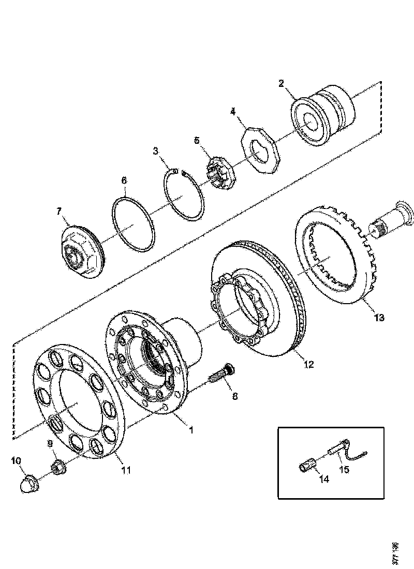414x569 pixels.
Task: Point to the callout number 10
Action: (x=16, y=460)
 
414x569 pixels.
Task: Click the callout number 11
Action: (x=126, y=470)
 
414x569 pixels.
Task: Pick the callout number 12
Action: (x=308, y=364)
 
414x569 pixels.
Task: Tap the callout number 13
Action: (x=379, y=318)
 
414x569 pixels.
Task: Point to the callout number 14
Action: (x=323, y=480)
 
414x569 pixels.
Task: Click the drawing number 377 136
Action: (x=395, y=553)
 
